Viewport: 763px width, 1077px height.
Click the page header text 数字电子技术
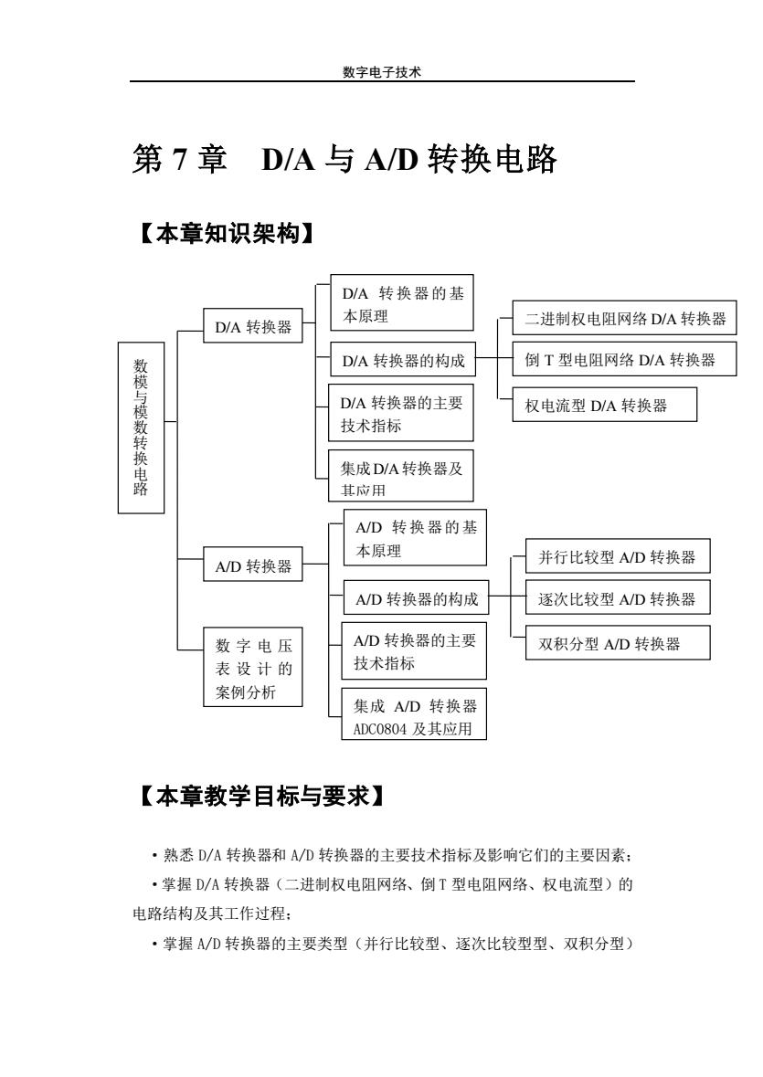click(382, 72)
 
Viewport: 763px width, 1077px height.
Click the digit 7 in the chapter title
click(179, 159)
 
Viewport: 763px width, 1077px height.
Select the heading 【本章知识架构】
click(228, 234)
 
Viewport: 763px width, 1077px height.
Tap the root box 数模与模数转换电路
click(141, 428)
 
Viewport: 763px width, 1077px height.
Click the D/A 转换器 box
click(253, 326)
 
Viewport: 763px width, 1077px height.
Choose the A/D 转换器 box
click(253, 565)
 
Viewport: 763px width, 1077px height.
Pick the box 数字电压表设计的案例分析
click(253, 667)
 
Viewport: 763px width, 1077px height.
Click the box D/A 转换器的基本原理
click(402, 303)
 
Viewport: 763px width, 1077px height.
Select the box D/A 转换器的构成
click(402, 359)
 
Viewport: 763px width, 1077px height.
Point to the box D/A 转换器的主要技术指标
click(401, 413)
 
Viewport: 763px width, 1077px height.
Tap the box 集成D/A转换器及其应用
click(401, 475)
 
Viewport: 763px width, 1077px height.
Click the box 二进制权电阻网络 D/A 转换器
click(624, 318)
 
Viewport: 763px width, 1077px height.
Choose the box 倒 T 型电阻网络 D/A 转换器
click(624, 359)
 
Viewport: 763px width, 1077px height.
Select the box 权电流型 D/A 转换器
click(604, 405)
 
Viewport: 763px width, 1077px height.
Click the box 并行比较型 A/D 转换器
click(618, 556)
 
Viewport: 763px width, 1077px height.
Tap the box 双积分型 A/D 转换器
click(618, 643)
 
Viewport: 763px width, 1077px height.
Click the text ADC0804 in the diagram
click(380, 730)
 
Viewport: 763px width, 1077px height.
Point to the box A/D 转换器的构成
click(416, 597)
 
